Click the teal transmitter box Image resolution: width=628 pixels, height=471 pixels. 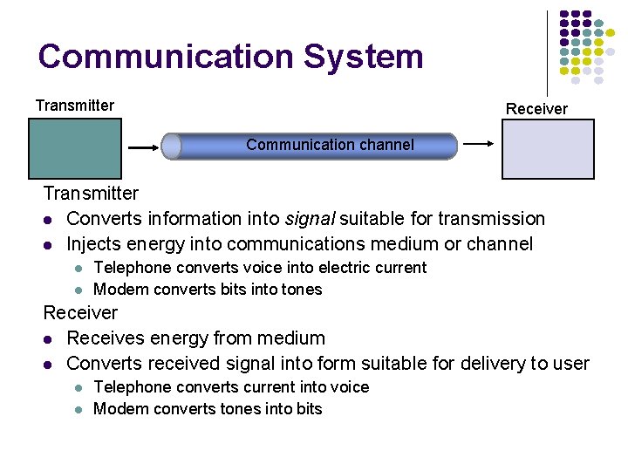(x=75, y=148)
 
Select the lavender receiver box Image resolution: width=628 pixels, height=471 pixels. (x=548, y=148)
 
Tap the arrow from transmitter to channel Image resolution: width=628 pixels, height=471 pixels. (x=142, y=148)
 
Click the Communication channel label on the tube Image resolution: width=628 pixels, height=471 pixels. (x=330, y=145)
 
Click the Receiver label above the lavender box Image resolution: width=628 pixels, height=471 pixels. (x=536, y=109)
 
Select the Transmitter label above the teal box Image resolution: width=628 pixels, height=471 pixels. (x=75, y=106)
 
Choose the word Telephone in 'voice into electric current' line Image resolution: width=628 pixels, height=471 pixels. (x=131, y=267)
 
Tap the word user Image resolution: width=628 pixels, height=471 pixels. (x=570, y=363)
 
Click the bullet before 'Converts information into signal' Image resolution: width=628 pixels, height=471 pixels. (x=49, y=219)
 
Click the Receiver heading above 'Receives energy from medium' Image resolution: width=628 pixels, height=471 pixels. (x=80, y=312)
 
